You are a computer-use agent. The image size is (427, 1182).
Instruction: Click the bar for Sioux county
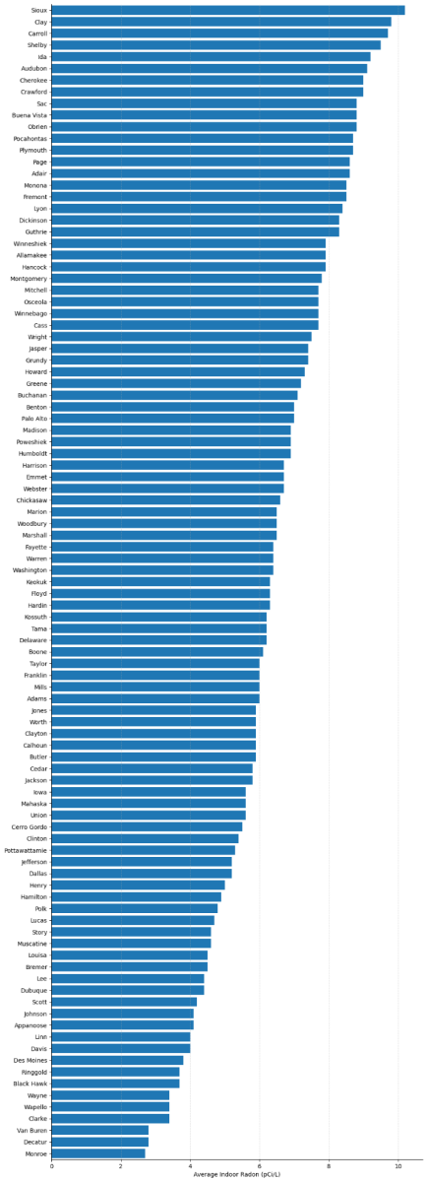click(227, 10)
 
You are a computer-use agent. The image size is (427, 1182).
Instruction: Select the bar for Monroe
click(98, 1152)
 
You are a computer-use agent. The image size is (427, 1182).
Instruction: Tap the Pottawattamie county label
click(25, 849)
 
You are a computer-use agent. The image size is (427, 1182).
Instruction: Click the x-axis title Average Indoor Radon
click(236, 1174)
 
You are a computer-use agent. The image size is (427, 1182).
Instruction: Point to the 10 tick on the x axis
click(398, 1165)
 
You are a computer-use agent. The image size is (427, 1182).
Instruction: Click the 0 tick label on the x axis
click(51, 1165)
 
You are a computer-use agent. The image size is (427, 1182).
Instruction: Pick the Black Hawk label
click(30, 1083)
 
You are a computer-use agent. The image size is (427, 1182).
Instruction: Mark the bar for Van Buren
click(99, 1130)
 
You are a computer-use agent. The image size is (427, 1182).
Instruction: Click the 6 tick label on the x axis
click(260, 1165)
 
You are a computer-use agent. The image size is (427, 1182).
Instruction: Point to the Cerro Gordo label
click(29, 826)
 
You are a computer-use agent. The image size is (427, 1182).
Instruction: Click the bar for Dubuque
click(128, 989)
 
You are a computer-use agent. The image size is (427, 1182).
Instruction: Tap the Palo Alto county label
click(33, 419)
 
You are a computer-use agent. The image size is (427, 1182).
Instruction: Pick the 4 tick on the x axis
click(190, 1165)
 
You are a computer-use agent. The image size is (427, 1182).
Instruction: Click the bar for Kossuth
click(158, 617)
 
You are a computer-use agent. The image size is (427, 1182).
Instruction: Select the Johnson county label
click(34, 1013)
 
